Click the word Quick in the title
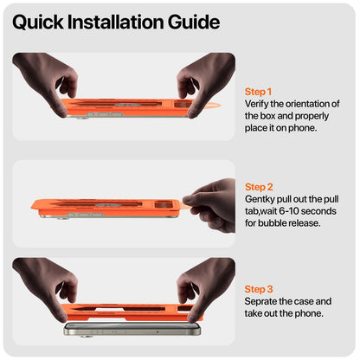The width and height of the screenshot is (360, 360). click(37, 22)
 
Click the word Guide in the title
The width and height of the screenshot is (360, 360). click(194, 22)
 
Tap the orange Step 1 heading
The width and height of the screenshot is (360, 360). click(258, 92)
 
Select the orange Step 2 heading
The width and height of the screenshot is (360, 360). click(259, 187)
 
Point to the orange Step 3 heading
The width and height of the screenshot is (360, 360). click(259, 289)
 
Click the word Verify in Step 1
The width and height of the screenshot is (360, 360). click(256, 104)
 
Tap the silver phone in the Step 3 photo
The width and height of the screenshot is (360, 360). click(132, 330)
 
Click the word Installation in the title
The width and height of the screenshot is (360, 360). click(115, 22)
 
